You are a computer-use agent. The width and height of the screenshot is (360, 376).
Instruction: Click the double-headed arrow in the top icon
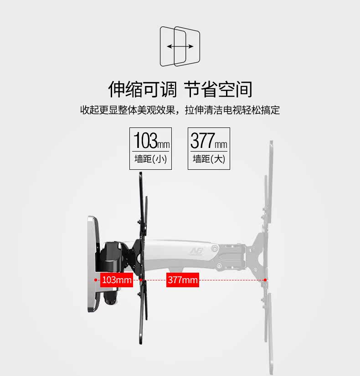(180, 46)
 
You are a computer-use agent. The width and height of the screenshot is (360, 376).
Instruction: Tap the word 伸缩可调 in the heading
(142, 89)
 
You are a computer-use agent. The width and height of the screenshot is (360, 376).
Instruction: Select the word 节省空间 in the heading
(218, 89)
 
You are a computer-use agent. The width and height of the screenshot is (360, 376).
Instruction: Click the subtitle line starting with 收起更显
(180, 110)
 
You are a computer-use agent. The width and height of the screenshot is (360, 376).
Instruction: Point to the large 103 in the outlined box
(144, 140)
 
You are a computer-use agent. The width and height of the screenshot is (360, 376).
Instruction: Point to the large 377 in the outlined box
(202, 140)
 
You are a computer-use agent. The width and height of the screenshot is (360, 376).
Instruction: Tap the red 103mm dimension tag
(116, 280)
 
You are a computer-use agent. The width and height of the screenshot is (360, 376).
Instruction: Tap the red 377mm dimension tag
(182, 280)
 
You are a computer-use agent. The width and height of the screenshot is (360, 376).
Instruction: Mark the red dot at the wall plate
(95, 280)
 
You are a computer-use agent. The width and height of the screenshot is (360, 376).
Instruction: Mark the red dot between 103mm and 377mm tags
(141, 280)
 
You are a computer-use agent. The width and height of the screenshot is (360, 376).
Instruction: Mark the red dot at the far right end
(265, 280)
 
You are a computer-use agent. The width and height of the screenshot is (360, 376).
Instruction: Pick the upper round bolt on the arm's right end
(214, 249)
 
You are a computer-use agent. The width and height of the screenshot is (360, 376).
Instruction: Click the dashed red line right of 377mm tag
(232, 280)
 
